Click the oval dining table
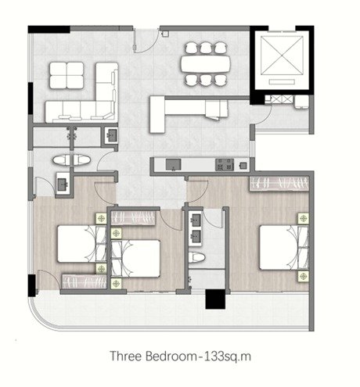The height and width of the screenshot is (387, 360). [x=206, y=64]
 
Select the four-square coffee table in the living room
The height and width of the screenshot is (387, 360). [x=67, y=76]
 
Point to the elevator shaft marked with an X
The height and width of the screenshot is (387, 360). [x=282, y=55]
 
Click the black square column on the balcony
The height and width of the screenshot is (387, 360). [x=215, y=299]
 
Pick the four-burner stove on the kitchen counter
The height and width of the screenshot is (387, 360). [x=225, y=164]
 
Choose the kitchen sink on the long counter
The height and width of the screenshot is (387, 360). [x=174, y=164]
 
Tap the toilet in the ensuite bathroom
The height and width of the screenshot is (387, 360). [x=197, y=257]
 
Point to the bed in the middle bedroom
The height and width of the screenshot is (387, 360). [x=135, y=259]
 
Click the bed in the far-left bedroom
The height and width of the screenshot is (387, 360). [x=81, y=244]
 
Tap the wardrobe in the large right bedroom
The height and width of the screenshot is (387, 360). [x=279, y=184]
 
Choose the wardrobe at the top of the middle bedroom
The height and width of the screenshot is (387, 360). [x=133, y=218]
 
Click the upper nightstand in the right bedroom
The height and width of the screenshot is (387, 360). [x=304, y=218]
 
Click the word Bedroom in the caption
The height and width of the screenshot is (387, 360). [x=171, y=356]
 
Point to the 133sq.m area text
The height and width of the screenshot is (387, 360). [x=227, y=357]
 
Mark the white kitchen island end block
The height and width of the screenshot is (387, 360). [x=157, y=114]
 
